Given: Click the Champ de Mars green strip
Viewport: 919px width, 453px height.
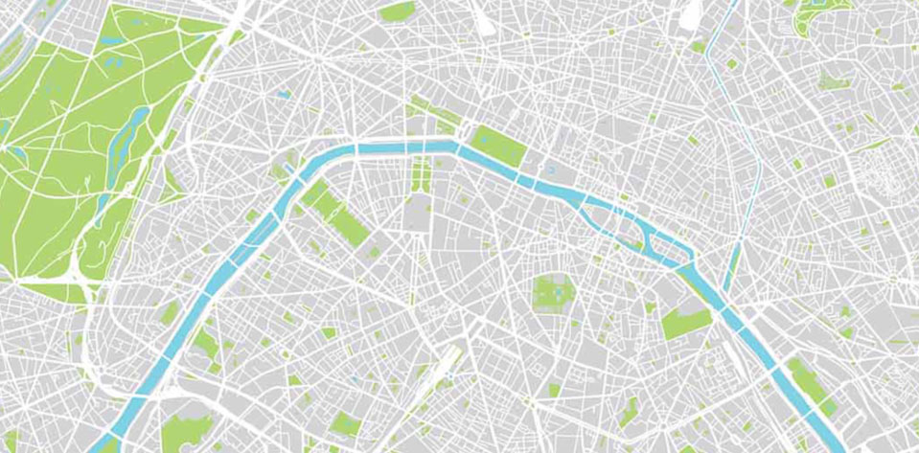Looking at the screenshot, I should tap(338, 215).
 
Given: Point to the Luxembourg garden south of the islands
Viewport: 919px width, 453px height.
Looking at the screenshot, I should tap(551, 291).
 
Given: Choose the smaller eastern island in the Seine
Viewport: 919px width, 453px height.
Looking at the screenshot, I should tap(671, 251).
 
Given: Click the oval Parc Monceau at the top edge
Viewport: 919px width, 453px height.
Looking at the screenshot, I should tap(398, 11).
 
